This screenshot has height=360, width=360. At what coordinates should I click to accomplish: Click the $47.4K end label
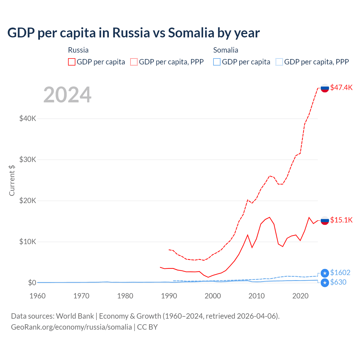point(341,87)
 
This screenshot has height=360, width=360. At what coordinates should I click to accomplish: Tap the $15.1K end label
point(341,220)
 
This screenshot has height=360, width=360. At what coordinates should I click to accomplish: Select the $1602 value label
point(340,273)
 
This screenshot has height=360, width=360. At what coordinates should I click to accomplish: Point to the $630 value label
point(338,282)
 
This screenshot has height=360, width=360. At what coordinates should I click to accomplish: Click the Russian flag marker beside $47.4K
point(325,88)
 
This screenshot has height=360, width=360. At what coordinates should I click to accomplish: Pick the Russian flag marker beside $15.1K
point(325,220)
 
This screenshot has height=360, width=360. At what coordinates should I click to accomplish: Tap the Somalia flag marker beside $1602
point(325,273)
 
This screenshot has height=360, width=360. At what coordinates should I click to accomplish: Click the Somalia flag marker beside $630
point(325,283)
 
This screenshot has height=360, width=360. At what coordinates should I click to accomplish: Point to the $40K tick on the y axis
point(28,118)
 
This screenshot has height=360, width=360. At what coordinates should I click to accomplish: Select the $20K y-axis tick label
point(28,201)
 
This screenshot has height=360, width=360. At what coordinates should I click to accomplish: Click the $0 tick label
point(32,283)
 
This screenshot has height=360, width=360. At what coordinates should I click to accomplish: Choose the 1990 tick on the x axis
point(169,296)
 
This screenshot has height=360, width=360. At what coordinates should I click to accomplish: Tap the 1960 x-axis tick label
point(37,296)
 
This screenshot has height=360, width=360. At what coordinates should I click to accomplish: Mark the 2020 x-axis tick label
point(300,296)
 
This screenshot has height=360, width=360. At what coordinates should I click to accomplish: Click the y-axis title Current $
point(12,181)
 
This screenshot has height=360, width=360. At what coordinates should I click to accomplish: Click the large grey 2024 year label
point(67,95)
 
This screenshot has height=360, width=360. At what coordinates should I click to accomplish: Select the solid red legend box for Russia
point(72,62)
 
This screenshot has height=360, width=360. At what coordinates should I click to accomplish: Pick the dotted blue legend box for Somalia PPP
point(279,62)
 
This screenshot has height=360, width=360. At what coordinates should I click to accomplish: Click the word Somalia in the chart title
point(191,33)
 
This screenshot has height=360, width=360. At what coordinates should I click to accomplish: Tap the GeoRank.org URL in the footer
point(71,327)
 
